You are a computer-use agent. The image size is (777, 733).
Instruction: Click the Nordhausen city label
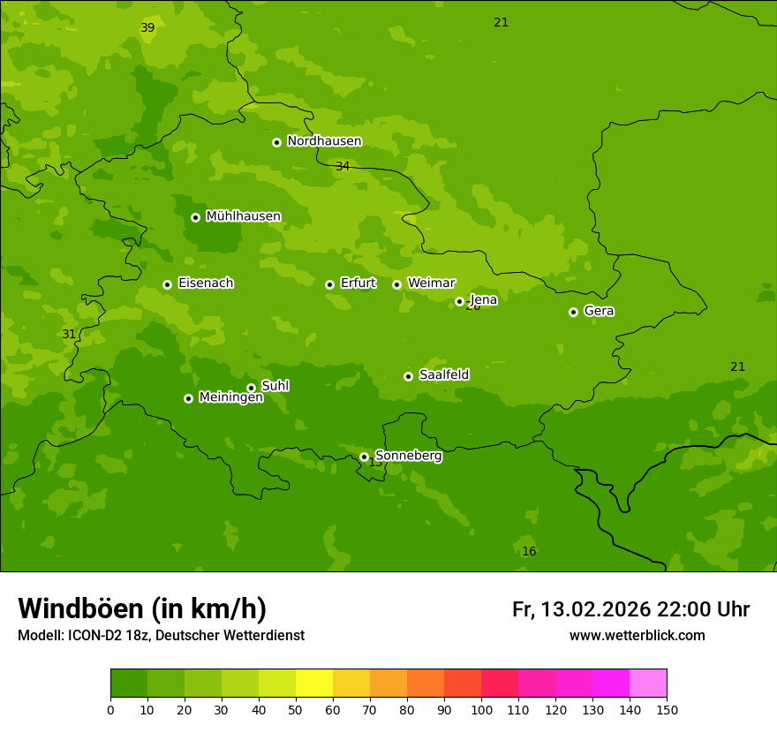click(324, 141)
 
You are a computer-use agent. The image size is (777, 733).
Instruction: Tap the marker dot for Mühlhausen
click(195, 217)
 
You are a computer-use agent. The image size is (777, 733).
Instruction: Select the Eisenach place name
click(206, 283)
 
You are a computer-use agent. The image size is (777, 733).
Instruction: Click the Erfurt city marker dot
click(329, 284)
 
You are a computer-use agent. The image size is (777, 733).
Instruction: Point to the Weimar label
click(431, 283)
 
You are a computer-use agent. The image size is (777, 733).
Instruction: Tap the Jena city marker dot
click(459, 301)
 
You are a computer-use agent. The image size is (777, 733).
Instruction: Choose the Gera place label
click(599, 311)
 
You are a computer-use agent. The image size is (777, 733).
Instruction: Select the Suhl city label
click(275, 386)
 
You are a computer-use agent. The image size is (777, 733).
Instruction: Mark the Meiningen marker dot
click(188, 398)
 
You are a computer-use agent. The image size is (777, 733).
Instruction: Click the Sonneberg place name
click(409, 456)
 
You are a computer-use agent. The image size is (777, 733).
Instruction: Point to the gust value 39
click(147, 27)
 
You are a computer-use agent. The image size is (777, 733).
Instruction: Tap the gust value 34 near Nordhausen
click(343, 166)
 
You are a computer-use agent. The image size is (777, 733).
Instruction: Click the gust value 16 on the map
click(529, 551)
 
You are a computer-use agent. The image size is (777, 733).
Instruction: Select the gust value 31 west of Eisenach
click(69, 334)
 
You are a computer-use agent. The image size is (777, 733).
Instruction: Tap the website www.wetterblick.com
click(637, 635)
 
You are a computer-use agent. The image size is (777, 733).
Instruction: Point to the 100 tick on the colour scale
click(481, 709)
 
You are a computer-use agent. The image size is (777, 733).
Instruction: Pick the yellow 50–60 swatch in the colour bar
click(314, 684)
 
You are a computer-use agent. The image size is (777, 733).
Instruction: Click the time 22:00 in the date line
click(678, 609)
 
